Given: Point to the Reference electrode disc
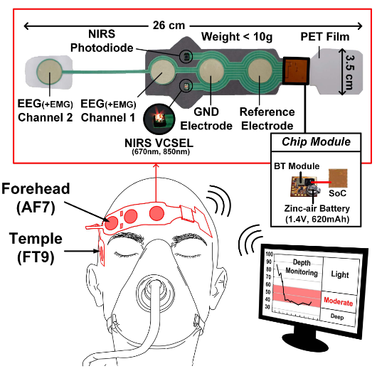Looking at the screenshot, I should pyautogui.click(x=261, y=72).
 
